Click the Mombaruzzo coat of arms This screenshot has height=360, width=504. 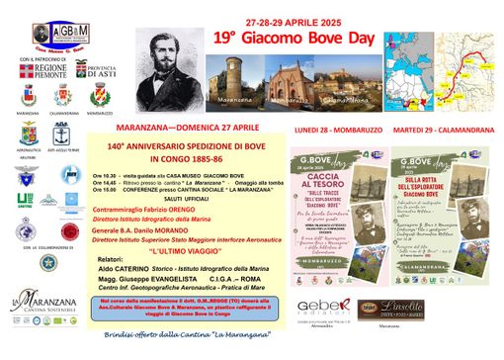click(99, 99)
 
